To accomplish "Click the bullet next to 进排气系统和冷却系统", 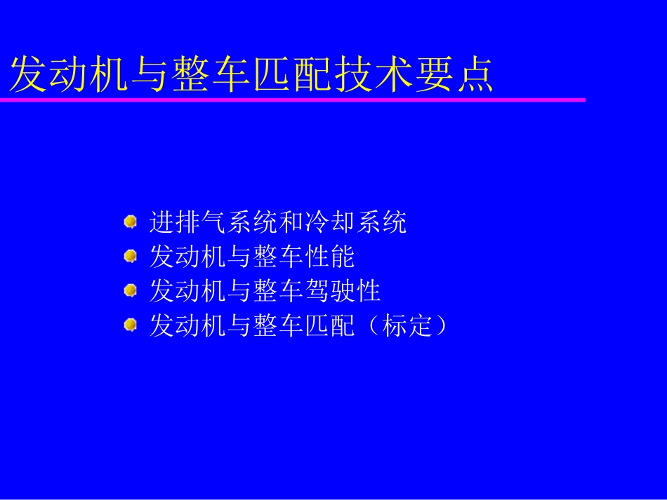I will pyautogui.click(x=130, y=222).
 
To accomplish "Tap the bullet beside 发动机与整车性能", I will pyautogui.click(x=130, y=256).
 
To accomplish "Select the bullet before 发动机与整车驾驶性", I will pyautogui.click(x=130, y=290).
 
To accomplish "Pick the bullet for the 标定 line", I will pyautogui.click(x=130, y=324).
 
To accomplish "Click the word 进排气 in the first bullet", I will pyautogui.click(x=188, y=222).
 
